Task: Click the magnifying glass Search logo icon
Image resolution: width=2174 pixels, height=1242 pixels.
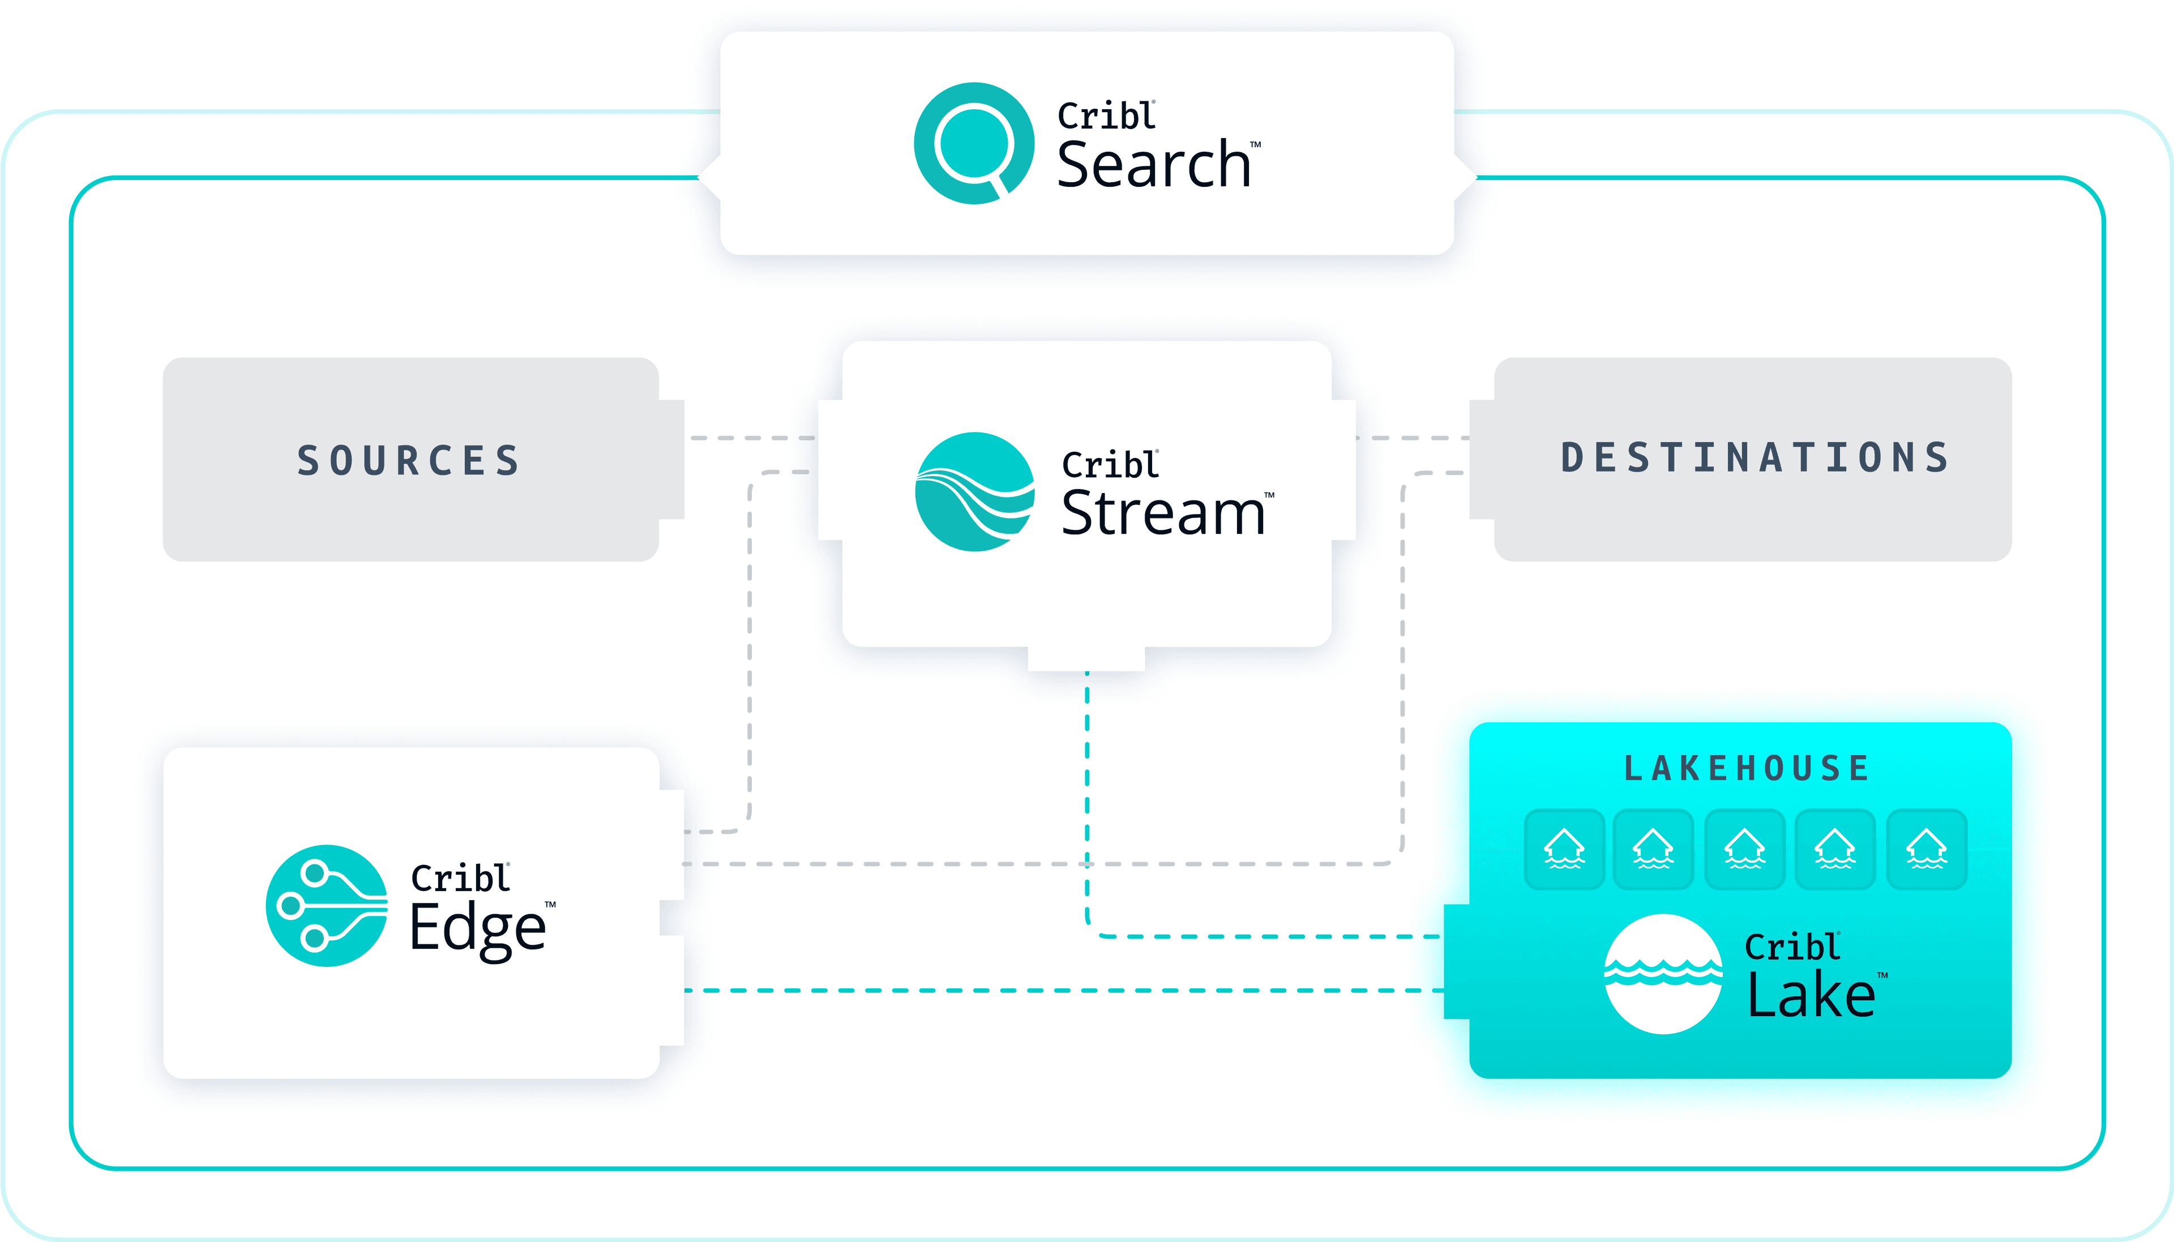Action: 974,143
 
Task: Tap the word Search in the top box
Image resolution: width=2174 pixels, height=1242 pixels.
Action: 1153,165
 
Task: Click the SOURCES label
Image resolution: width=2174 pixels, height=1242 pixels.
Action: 409,461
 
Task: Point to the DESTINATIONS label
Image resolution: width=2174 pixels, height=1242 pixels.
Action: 1754,458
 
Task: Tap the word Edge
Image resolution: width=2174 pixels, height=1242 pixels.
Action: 478,928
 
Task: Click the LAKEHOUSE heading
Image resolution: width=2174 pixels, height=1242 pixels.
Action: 1747,769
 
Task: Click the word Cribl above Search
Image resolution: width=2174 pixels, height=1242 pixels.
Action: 1106,116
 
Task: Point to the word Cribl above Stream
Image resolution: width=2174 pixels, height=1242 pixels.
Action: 1110,465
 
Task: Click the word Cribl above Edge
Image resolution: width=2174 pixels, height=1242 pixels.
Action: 460,878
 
